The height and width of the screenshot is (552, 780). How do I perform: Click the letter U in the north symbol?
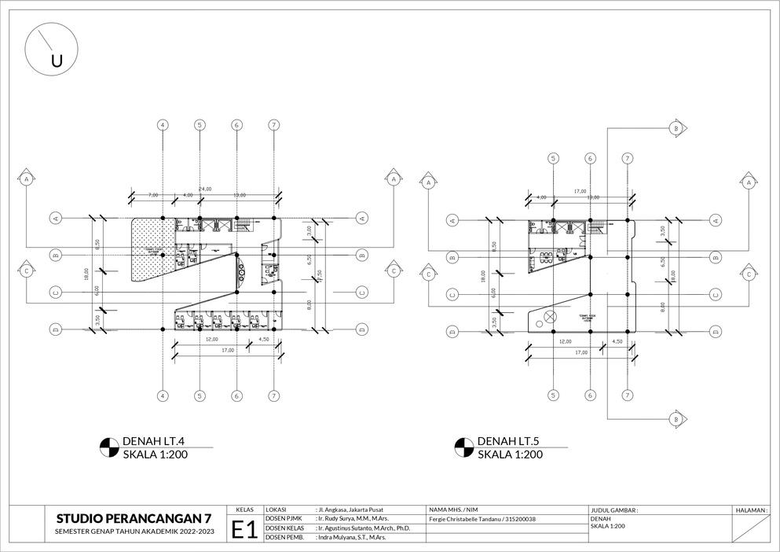pyautogui.click(x=57, y=61)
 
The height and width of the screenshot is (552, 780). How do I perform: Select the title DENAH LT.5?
pyautogui.click(x=508, y=440)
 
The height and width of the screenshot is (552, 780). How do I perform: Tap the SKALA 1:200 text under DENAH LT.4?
pyautogui.click(x=156, y=454)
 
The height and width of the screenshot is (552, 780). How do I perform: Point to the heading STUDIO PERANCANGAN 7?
pyautogui.click(x=134, y=518)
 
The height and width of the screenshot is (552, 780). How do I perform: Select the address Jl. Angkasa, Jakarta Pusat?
pyautogui.click(x=350, y=510)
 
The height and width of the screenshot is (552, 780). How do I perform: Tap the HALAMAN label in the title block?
pyautogui.click(x=751, y=510)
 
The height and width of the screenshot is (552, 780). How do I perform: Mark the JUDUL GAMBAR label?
pyautogui.click(x=613, y=510)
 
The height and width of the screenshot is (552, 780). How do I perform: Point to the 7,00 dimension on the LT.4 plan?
pyautogui.click(x=152, y=194)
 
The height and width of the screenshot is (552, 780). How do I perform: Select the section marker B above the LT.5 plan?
pyautogui.click(x=675, y=128)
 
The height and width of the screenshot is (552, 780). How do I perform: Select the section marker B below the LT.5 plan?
pyautogui.click(x=675, y=421)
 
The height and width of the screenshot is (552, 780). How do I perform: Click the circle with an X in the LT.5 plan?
pyautogui.click(x=549, y=317)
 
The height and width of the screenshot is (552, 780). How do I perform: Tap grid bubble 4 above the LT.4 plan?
pyautogui.click(x=163, y=125)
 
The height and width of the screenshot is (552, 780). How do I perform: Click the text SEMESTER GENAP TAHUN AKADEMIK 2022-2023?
pyautogui.click(x=134, y=532)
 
